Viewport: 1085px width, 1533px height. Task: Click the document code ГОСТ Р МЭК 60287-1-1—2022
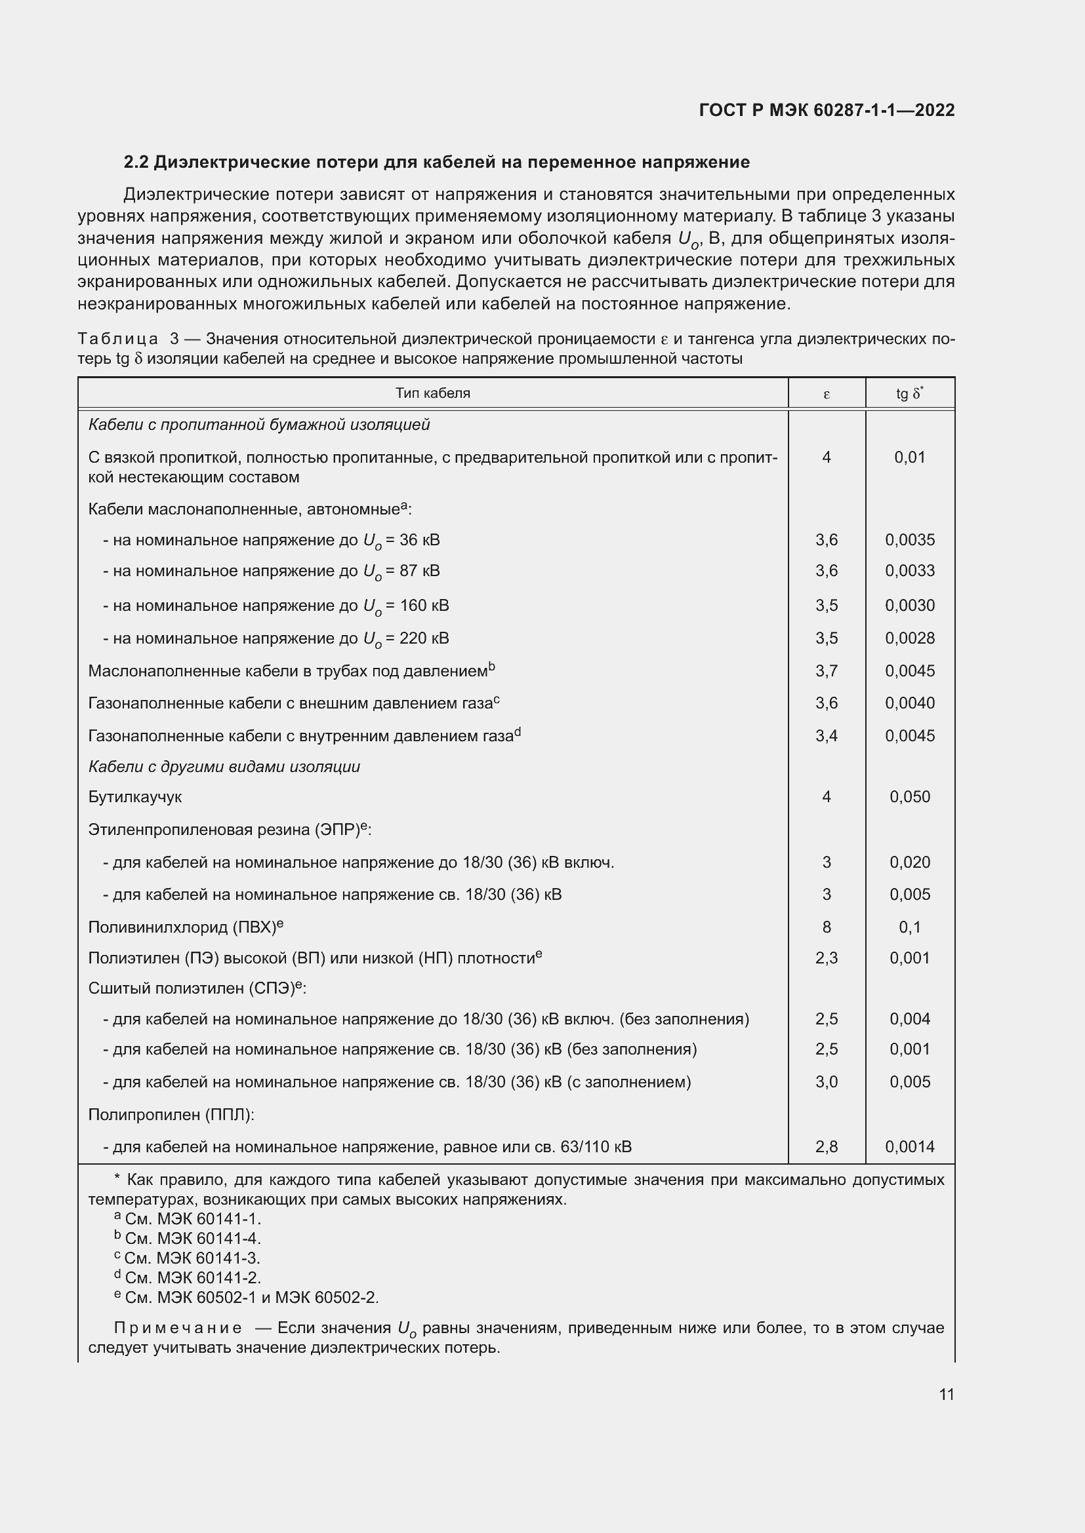coord(827,110)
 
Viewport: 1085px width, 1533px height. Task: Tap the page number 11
coord(946,1394)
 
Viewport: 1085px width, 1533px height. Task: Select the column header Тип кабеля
coord(432,393)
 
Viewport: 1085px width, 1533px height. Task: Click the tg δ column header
coord(909,393)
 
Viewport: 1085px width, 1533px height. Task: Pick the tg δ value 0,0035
coord(909,539)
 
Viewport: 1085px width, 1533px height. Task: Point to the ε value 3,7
coord(826,670)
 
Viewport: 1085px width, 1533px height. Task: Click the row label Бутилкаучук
coord(135,796)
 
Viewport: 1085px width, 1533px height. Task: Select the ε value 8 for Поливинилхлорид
coord(827,927)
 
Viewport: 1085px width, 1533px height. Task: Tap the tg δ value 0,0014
coord(909,1146)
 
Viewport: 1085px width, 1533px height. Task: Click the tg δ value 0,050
coord(909,796)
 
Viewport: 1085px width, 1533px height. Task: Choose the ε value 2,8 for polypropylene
coord(826,1146)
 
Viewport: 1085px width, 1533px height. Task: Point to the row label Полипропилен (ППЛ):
coord(171,1114)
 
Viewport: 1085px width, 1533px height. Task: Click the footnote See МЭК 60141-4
coord(187,1239)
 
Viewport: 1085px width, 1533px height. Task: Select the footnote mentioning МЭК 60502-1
coord(246,1297)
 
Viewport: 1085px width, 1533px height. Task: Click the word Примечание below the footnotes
coord(178,1328)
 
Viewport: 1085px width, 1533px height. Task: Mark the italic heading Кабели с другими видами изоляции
coord(224,767)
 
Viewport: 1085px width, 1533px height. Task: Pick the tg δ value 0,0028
coord(909,638)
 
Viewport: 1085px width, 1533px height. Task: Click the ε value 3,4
coord(826,736)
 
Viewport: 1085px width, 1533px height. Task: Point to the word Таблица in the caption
coord(118,340)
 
